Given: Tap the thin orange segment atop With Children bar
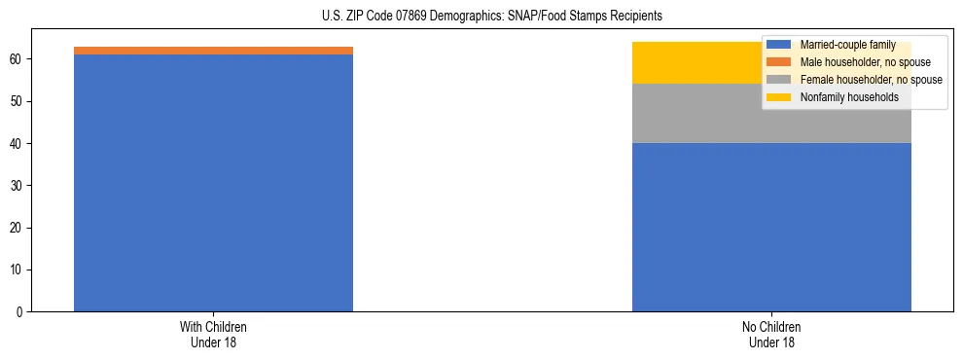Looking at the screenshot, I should pyautogui.click(x=213, y=51).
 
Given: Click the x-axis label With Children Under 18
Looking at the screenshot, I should pyautogui.click(x=213, y=334).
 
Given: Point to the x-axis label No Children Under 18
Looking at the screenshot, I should pyautogui.click(x=771, y=334).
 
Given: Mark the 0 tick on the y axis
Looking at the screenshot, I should pyautogui.click(x=20, y=311).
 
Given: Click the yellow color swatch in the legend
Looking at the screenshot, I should pyautogui.click(x=779, y=97).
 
